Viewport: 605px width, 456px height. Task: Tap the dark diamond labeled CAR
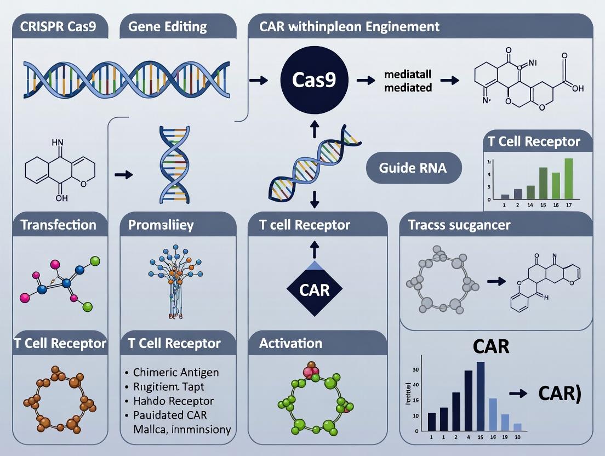(x=315, y=288)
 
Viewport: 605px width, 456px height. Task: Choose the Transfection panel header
(x=58, y=225)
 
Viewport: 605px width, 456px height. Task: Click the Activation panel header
(x=290, y=344)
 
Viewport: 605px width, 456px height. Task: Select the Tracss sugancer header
(x=459, y=225)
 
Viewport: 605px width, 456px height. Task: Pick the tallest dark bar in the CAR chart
(x=480, y=395)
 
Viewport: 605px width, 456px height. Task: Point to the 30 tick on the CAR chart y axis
(x=415, y=369)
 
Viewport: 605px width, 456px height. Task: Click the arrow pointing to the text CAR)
(x=518, y=393)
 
